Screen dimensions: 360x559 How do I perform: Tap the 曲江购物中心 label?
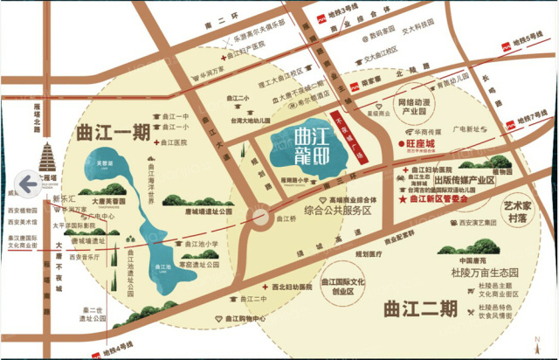click(243, 320)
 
